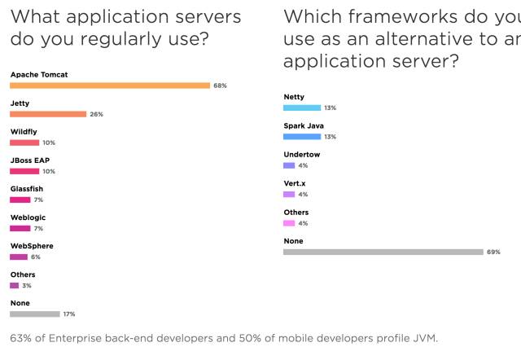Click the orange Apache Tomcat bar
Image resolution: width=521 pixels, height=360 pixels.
110,86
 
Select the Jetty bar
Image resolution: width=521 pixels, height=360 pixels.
48,114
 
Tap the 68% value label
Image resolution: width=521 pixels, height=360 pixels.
220,86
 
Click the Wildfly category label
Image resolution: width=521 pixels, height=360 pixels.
24,132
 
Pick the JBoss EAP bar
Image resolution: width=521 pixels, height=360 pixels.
24,171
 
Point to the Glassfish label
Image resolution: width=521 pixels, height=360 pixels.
26,189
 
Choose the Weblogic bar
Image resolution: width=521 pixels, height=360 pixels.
20,228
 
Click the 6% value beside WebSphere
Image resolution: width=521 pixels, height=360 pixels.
36,257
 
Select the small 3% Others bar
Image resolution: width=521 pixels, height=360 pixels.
14,285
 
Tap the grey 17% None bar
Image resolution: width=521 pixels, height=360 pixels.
35,314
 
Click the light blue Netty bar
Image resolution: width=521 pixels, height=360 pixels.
302,108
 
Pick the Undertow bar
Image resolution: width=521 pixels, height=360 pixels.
289,165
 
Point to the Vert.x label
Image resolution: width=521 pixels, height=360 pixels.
295,183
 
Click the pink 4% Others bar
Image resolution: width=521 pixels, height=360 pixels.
289,222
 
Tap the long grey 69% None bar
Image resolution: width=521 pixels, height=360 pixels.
383,252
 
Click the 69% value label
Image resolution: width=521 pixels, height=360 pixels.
493,252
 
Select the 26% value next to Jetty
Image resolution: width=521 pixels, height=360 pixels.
96,114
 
